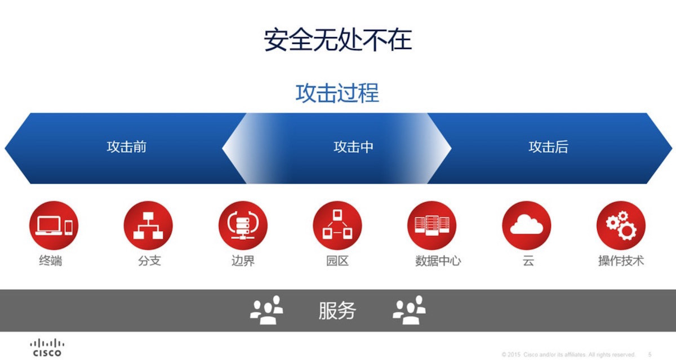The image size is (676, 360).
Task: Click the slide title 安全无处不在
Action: [338, 40]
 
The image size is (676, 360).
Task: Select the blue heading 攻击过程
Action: [337, 94]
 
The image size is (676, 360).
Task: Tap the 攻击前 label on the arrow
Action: [126, 147]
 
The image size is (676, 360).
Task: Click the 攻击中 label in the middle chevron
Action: [353, 147]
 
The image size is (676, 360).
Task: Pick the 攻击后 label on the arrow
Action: [548, 147]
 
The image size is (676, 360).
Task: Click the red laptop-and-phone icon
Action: [54, 225]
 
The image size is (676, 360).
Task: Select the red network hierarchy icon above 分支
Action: [148, 225]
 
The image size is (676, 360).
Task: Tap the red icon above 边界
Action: [243, 225]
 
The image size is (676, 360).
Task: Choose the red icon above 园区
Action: [337, 225]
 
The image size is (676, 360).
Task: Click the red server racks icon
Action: [432, 225]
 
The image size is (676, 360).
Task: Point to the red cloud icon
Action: [527, 225]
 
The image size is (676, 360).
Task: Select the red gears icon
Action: [621, 225]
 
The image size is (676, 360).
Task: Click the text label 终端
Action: [51, 261]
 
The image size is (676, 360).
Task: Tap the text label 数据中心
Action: [438, 261]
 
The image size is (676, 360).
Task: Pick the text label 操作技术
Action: [621, 261]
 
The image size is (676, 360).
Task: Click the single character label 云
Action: [528, 261]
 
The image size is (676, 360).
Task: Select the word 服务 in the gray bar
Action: [337, 311]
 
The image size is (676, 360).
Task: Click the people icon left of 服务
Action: [266, 310]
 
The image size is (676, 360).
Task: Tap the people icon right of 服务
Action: [409, 310]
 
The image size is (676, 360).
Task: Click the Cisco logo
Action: [47, 348]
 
